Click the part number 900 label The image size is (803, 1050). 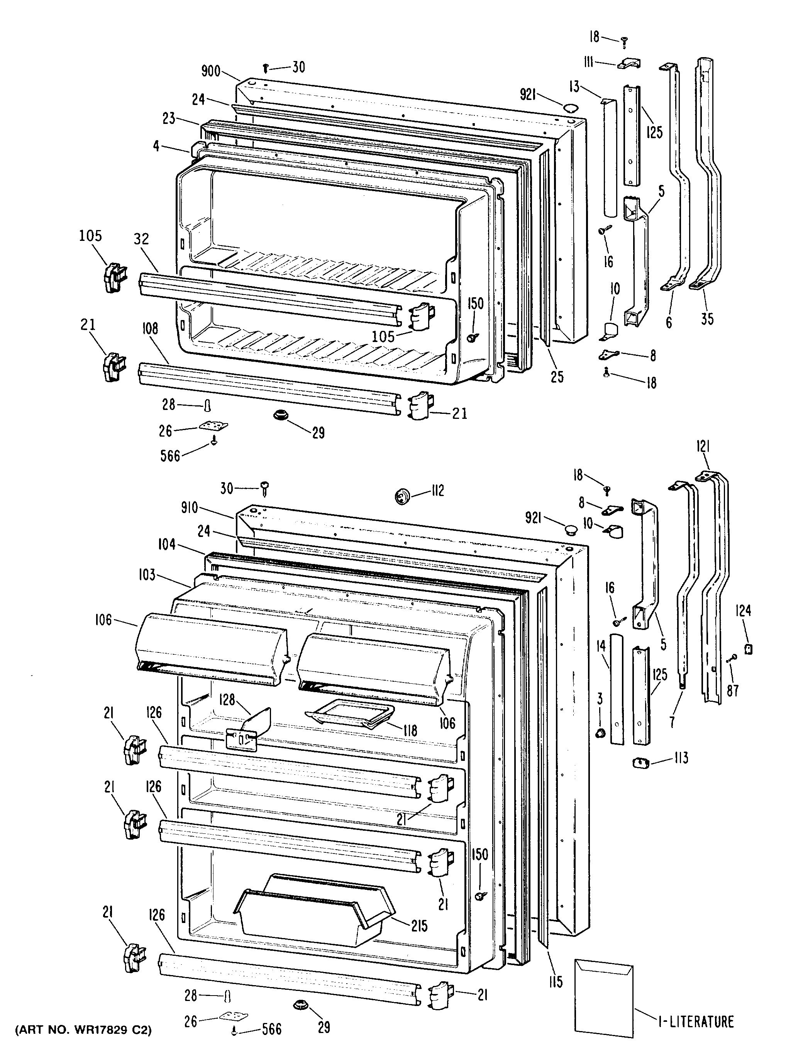211,72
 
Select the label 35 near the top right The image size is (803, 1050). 707,318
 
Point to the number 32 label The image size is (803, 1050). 141,239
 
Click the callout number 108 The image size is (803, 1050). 150,329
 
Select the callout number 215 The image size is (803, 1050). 419,926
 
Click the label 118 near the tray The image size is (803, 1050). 410,730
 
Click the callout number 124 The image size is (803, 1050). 744,610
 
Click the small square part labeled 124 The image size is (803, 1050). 749,649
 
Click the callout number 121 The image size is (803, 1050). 703,447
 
